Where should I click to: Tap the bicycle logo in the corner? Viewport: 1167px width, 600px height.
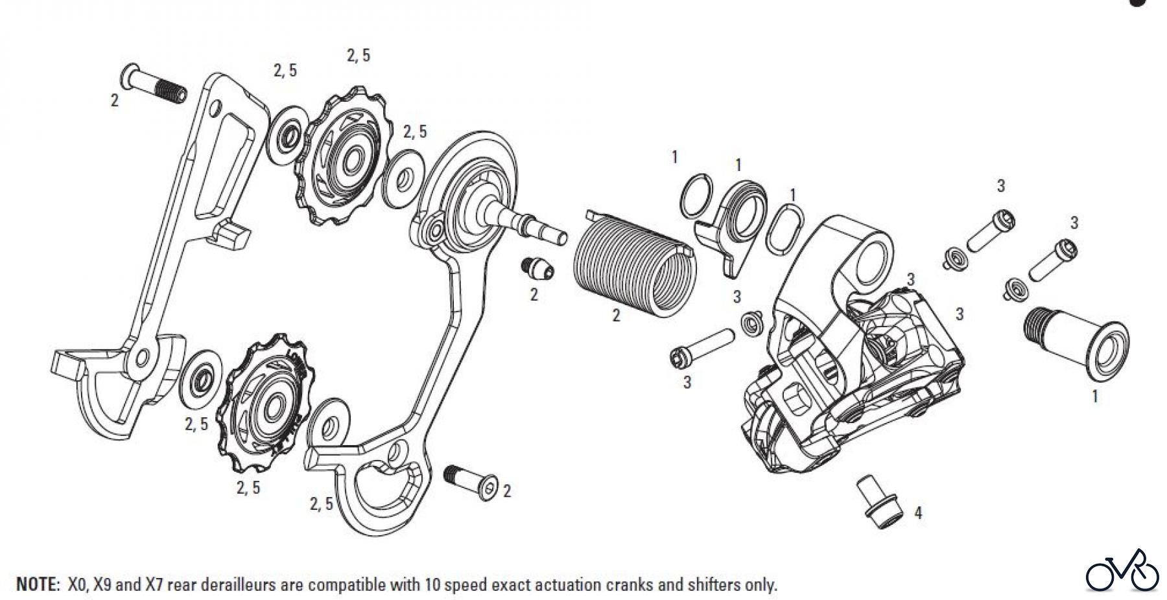coord(1122,571)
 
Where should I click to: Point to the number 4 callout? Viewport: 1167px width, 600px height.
coord(918,513)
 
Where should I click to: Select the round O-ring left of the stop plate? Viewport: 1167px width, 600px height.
coord(696,195)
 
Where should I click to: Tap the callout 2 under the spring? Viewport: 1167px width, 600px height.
coord(616,316)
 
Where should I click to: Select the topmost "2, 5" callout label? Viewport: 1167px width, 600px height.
coord(358,56)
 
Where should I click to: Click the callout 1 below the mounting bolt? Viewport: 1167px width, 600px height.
coord(1095,396)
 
